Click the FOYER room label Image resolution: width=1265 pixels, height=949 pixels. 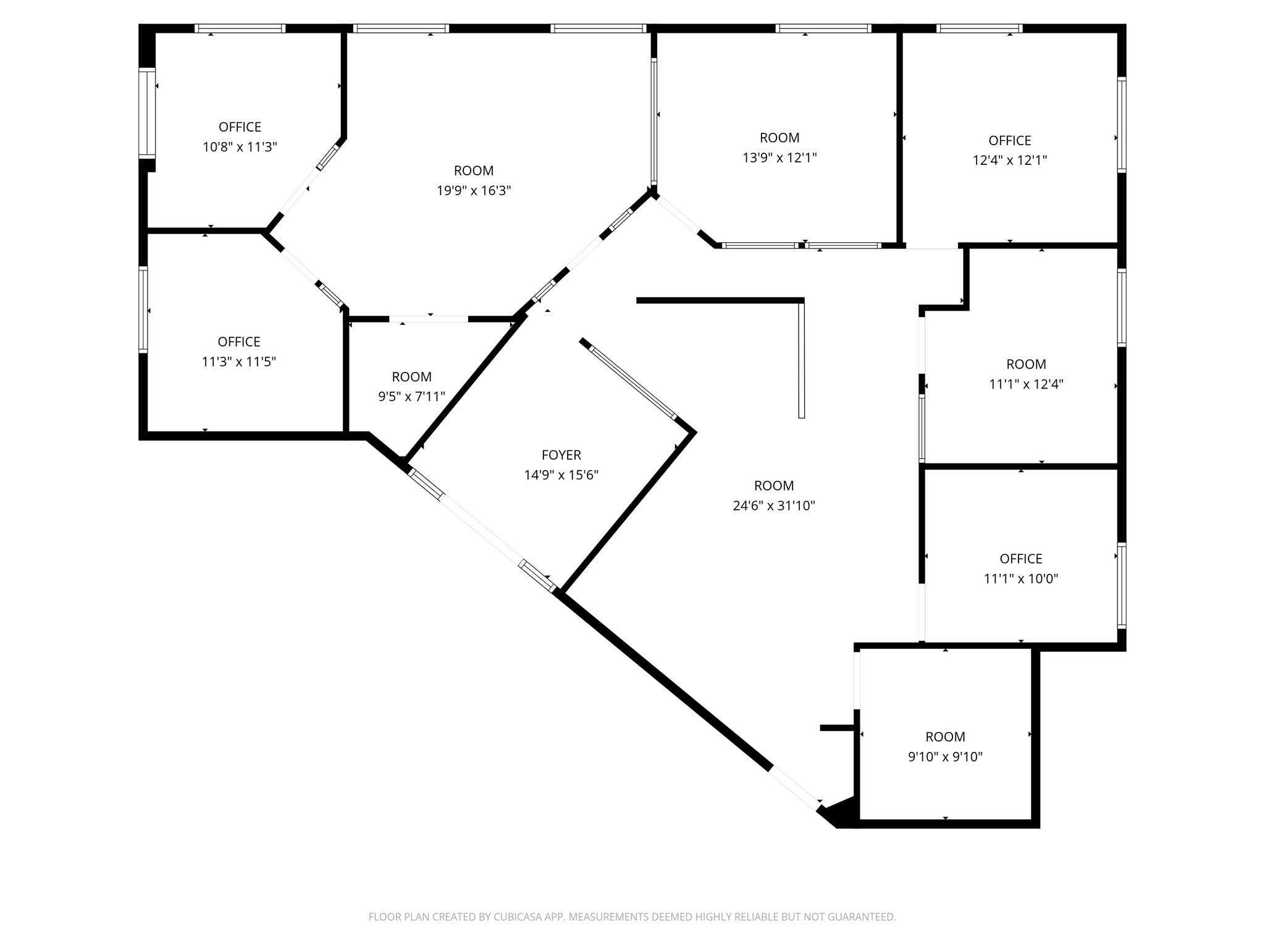[x=561, y=455]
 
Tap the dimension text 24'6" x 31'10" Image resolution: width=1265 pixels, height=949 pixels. [x=773, y=506]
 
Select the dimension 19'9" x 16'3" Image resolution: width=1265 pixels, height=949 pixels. [x=474, y=191]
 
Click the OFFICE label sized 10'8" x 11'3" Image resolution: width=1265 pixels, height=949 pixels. [x=240, y=127]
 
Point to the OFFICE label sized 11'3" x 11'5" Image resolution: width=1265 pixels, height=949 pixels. [x=238, y=342]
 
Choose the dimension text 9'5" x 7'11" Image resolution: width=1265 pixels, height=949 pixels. [x=411, y=397]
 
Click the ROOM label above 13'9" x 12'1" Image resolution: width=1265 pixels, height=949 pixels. [x=779, y=138]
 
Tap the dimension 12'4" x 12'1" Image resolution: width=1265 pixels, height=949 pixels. [x=1009, y=161]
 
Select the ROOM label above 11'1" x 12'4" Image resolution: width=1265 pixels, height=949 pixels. [x=1026, y=364]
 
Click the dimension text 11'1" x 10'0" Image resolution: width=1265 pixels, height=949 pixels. [x=1020, y=579]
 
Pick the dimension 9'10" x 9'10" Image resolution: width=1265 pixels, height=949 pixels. [x=944, y=757]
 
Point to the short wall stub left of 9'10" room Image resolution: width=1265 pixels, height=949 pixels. [x=835, y=728]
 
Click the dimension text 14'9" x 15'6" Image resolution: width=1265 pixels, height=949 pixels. [x=561, y=475]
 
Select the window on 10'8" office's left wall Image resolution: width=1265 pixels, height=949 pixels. [x=147, y=112]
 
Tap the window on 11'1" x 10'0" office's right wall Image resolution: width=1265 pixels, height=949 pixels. [x=1121, y=585]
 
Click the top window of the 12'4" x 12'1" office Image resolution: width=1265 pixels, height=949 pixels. [x=979, y=28]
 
